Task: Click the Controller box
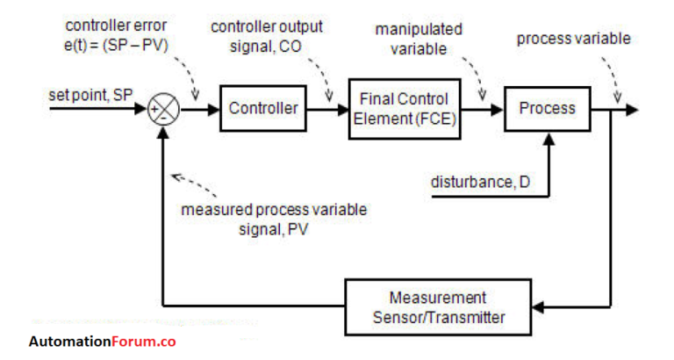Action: click(263, 109)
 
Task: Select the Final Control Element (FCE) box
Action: click(405, 109)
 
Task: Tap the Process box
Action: click(546, 109)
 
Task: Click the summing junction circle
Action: click(163, 110)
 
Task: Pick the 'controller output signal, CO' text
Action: click(267, 36)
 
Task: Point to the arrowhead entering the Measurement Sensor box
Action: click(541, 306)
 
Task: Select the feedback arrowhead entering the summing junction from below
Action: click(163, 133)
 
